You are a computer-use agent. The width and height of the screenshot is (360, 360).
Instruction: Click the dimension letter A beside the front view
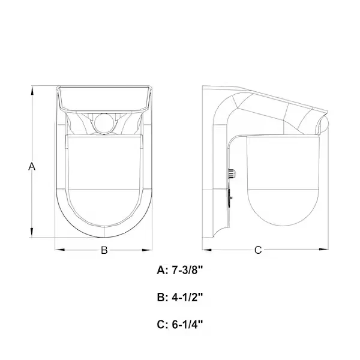click(32, 166)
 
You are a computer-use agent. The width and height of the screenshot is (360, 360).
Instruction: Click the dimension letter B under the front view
click(104, 250)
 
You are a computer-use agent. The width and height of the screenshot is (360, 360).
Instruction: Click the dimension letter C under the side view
click(258, 250)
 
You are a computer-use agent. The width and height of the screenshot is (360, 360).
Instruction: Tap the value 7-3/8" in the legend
click(187, 270)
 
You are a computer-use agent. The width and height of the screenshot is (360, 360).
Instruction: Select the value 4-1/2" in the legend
click(187, 298)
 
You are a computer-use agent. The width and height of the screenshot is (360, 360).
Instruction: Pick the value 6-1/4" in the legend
click(187, 325)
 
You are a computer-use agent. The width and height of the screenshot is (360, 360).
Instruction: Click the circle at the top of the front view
click(104, 123)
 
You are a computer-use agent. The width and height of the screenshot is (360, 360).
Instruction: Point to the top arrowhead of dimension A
click(32, 90)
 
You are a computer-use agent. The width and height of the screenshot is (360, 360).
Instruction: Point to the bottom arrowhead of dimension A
click(32, 233)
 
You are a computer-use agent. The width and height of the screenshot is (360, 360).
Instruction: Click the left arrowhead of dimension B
click(59, 250)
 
